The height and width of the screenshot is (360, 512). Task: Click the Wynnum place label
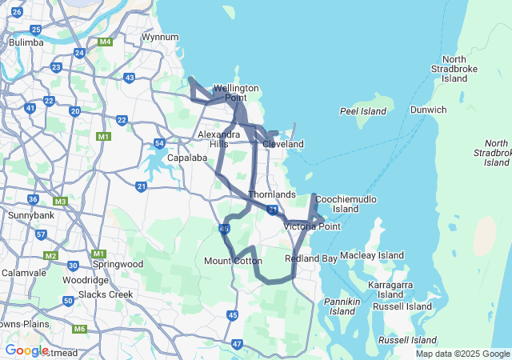tap(159, 38)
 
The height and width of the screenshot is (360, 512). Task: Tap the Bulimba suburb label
tap(26, 42)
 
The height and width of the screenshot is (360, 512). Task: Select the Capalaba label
tap(188, 158)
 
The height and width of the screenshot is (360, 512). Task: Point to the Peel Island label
tap(362, 111)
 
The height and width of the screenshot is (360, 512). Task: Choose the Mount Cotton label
tap(233, 261)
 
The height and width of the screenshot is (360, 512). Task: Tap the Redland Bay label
tap(310, 259)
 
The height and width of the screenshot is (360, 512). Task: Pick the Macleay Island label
tap(372, 255)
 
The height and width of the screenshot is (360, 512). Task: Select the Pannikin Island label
tap(341, 306)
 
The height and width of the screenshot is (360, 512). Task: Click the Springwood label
tap(118, 264)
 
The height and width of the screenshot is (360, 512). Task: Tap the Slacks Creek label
tap(106, 294)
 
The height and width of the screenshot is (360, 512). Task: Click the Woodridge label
tap(86, 280)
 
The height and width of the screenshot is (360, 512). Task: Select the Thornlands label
tap(272, 194)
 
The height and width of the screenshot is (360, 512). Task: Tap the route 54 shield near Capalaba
tap(159, 144)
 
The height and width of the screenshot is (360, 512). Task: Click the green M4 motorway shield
tap(105, 42)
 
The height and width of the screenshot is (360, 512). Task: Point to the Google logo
tap(26, 350)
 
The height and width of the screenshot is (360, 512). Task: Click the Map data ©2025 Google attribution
tap(462, 354)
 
